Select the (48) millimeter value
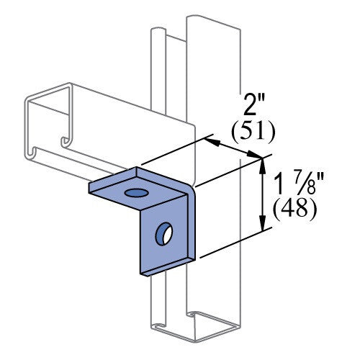pos(295,208)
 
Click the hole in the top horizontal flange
pos(136,192)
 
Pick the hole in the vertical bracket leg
pos(164,234)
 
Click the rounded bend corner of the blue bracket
pos(191,189)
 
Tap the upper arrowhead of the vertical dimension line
pos(263,166)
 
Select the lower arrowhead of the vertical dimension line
pos(263,222)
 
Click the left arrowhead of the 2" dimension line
pos(213,142)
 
